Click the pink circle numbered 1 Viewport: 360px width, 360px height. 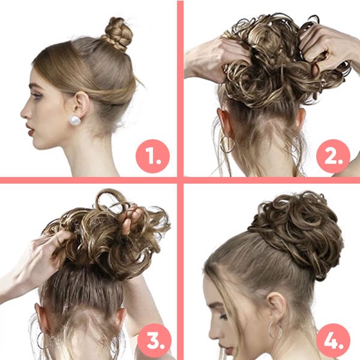click(152, 157)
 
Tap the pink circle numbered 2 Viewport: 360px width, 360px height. click(333, 157)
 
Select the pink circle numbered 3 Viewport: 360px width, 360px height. click(155, 340)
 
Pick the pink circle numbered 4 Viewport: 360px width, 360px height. click(333, 340)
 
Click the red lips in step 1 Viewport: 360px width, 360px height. click(30, 130)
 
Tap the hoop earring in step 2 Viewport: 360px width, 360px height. click(227, 144)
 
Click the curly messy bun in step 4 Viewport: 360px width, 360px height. click(296, 232)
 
